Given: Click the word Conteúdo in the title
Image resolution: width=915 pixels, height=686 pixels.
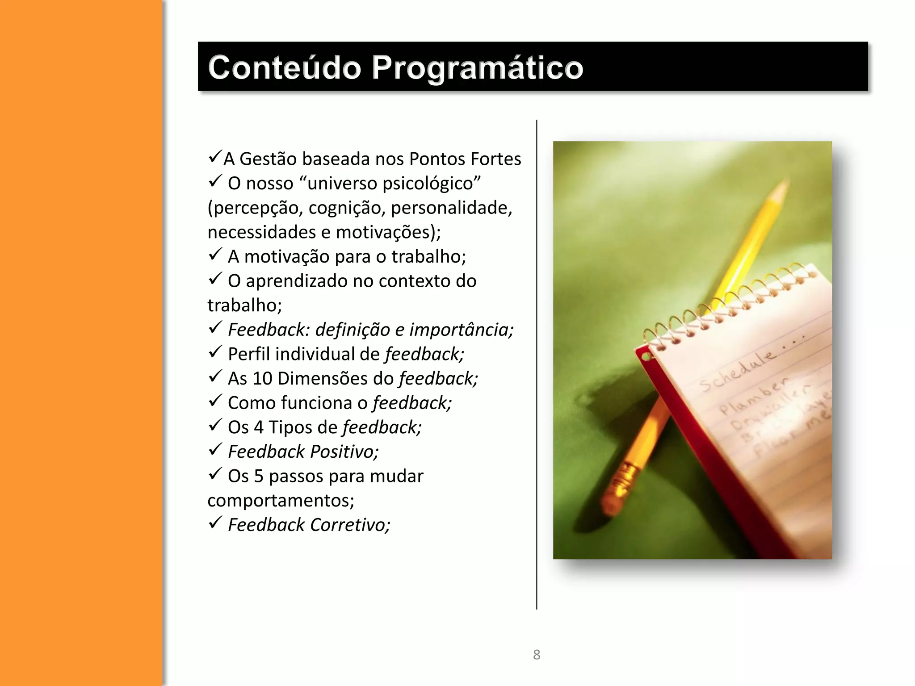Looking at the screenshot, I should (x=284, y=67).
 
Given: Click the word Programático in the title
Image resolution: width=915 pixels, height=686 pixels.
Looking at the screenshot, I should (x=477, y=68).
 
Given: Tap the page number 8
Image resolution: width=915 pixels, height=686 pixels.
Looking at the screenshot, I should (x=537, y=655).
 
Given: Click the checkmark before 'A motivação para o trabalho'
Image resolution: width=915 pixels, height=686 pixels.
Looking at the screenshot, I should (x=215, y=255).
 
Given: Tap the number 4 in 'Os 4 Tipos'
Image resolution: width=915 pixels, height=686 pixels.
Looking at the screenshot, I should (x=259, y=427).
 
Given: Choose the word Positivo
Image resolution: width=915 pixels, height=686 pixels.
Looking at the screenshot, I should (x=344, y=452).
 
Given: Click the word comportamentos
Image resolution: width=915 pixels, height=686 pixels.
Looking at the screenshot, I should (x=281, y=501).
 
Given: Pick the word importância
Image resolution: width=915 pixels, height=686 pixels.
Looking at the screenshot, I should (x=461, y=330).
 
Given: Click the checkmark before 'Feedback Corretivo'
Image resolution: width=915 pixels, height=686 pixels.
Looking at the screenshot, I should (x=215, y=523).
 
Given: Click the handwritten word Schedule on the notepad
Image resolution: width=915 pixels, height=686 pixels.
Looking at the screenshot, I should (x=737, y=371).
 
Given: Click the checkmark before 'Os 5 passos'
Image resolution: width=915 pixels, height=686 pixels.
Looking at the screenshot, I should (x=215, y=474).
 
